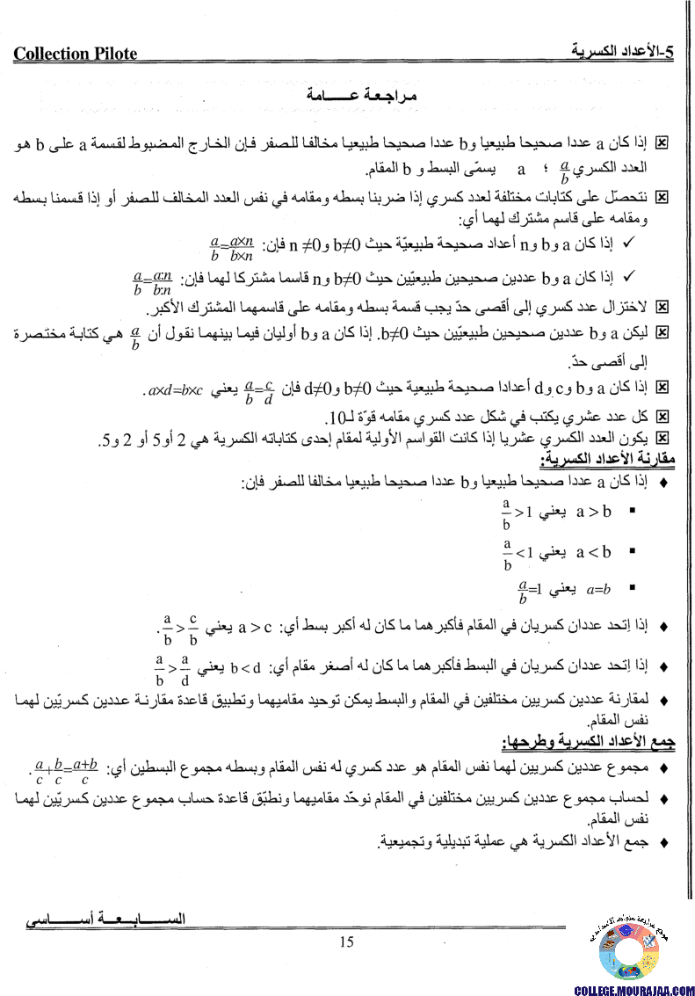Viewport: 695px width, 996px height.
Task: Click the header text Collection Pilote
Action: tap(76, 54)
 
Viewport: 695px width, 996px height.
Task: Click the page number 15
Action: tap(346, 942)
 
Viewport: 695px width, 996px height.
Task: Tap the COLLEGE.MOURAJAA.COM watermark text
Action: tap(634, 989)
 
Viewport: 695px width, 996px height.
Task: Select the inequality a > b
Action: tap(594, 510)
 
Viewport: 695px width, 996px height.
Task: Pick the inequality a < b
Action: tap(594, 552)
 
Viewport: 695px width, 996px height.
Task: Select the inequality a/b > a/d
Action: tap(173, 667)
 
